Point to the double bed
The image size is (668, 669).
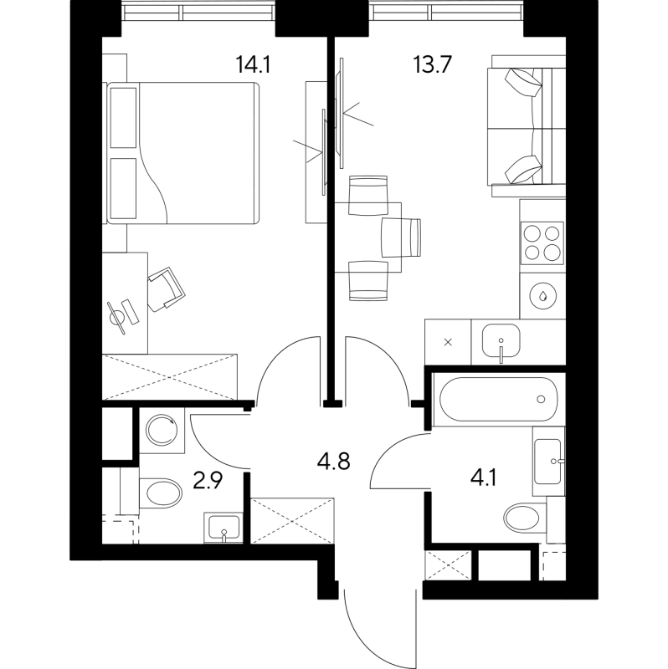coord(182,153)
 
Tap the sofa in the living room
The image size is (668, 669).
coord(524,125)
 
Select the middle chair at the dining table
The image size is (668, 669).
coord(402,237)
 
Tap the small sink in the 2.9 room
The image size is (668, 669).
coord(223,528)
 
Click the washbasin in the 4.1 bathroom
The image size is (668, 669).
coord(550,459)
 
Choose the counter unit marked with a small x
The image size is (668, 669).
coord(448,342)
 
